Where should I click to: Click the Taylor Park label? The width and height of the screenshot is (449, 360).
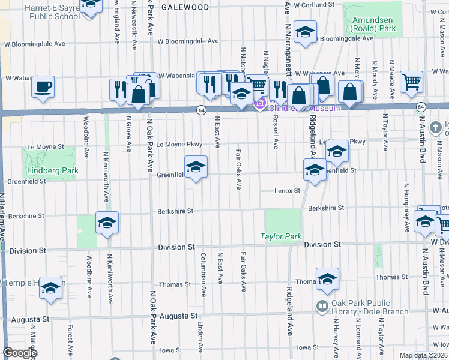click(281, 237)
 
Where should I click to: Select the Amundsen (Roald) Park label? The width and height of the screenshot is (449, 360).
click(373, 24)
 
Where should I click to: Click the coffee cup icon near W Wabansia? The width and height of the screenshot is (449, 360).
click(43, 86)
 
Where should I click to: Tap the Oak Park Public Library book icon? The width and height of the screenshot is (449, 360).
click(322, 306)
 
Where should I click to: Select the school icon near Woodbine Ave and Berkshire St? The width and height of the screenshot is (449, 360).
click(107, 223)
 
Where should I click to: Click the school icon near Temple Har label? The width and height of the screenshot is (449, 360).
click(51, 289)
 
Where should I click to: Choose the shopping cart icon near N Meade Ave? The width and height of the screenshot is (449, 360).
click(411, 82)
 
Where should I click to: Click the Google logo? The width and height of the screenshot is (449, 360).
click(20, 353)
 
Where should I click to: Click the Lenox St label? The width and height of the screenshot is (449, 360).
click(288, 191)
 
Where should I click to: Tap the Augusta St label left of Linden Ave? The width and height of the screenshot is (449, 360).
click(178, 316)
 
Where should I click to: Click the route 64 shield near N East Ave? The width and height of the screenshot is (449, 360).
click(201, 110)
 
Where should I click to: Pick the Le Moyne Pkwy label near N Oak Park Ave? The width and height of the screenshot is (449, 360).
click(178, 145)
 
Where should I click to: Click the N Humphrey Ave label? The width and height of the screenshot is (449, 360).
click(406, 207)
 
